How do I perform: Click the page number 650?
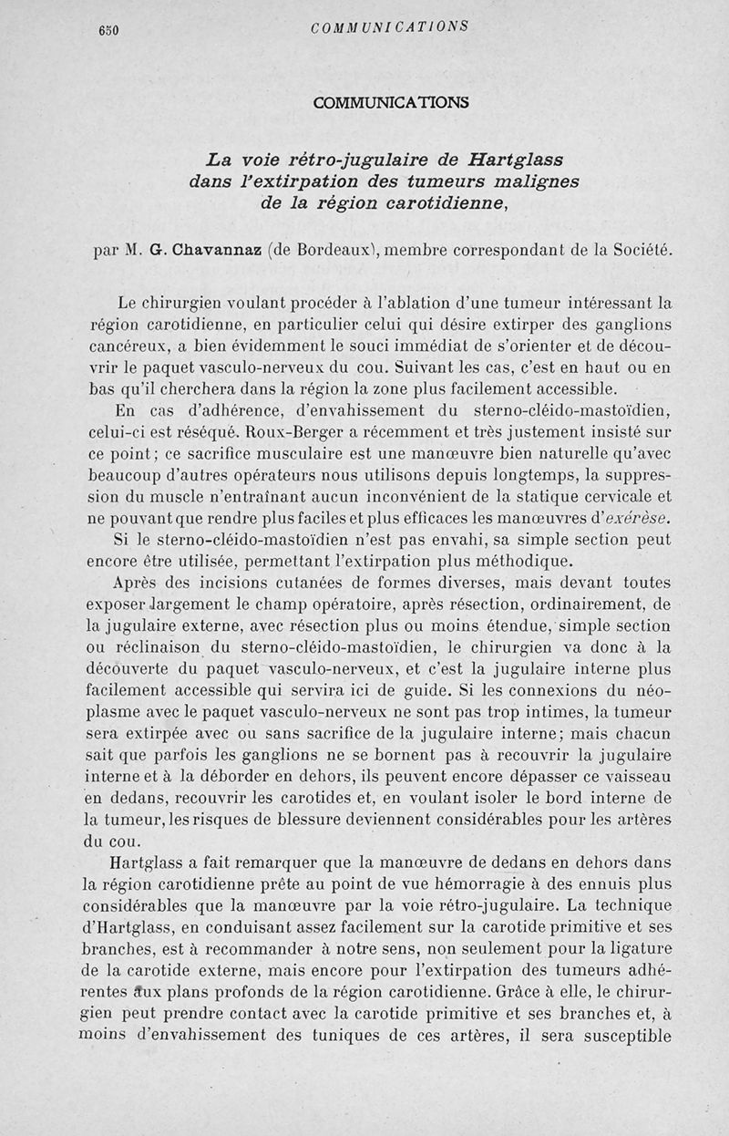(108, 29)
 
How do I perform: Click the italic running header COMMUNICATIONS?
(389, 27)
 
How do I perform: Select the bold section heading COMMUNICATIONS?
(391, 102)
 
